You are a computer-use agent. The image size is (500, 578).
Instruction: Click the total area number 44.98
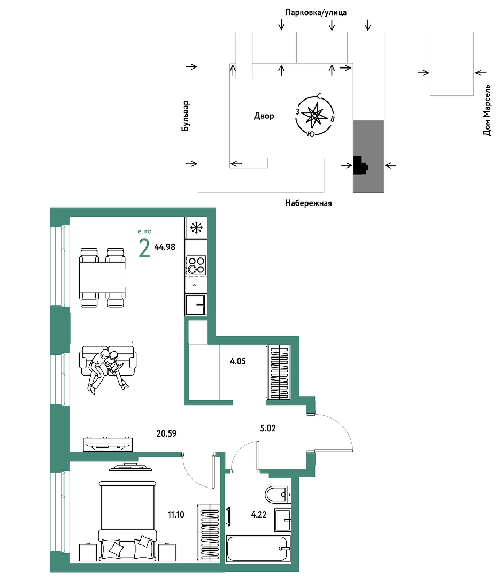click(165, 247)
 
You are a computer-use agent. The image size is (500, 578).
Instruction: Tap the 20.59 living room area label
click(166, 433)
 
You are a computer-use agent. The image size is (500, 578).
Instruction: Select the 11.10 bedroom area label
click(176, 515)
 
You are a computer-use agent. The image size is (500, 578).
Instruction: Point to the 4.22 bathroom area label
click(259, 515)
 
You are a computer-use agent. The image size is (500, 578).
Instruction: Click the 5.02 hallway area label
click(268, 428)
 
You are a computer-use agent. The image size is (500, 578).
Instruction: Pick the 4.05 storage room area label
click(237, 361)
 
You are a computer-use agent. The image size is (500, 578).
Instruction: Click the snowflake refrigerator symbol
click(196, 227)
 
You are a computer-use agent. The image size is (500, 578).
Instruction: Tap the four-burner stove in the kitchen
click(196, 265)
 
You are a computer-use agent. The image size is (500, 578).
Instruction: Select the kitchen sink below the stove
click(196, 305)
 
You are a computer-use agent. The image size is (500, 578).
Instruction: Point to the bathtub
click(258, 549)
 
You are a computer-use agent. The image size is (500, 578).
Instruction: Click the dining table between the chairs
click(102, 278)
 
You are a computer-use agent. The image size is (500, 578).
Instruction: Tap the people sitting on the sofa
click(107, 370)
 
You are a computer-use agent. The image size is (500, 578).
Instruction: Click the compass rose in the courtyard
click(314, 116)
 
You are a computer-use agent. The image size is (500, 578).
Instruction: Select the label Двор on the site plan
click(264, 116)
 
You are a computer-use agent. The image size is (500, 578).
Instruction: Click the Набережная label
click(309, 203)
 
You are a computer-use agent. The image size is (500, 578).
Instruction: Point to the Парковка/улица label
click(316, 12)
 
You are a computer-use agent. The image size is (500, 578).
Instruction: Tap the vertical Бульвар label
click(186, 116)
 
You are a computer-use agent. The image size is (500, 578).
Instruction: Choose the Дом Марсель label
click(487, 110)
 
